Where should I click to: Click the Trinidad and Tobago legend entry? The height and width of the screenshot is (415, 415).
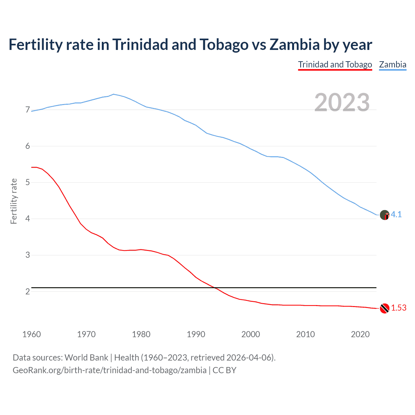[335, 65]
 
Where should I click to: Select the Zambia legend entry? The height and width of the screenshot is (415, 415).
[393, 65]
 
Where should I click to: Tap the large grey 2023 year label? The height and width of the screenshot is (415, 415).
[342, 102]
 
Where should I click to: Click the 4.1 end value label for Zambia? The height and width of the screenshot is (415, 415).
[396, 214]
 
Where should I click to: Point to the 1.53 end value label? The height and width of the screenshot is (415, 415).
[398, 308]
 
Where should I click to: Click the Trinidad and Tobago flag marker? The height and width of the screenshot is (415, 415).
[385, 308]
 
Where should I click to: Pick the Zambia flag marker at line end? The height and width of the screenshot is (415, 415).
[385, 215]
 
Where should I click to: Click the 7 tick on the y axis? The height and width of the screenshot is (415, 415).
[28, 110]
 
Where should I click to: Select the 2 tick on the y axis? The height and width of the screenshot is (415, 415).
[28, 291]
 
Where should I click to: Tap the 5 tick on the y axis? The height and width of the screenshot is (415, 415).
[28, 182]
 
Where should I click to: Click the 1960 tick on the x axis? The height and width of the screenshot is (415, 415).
[31, 334]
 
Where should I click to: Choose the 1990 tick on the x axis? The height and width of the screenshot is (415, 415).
[196, 334]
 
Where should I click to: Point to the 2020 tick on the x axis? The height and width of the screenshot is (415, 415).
[360, 334]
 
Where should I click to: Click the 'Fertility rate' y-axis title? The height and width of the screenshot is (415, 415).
[14, 201]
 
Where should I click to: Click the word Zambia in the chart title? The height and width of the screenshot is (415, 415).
[294, 44]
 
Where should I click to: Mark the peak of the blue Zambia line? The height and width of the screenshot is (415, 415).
[113, 94]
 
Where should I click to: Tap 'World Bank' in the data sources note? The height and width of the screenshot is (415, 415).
[86, 358]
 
